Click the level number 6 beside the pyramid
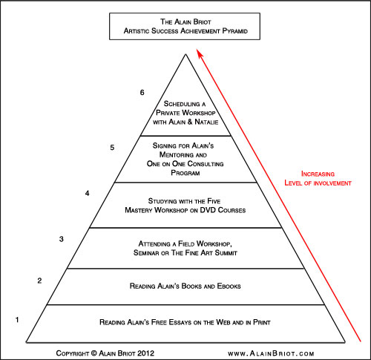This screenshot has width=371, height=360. click(x=142, y=93)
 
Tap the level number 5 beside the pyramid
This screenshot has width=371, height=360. click(x=112, y=148)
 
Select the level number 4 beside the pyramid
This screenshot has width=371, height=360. click(x=87, y=193)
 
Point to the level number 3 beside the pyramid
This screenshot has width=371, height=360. click(x=62, y=239)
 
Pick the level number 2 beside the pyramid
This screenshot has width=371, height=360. click(x=39, y=281)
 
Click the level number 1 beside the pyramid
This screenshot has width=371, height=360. click(x=17, y=320)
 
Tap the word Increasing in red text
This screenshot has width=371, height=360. click(x=318, y=174)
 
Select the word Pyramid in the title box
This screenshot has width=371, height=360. click(x=235, y=31)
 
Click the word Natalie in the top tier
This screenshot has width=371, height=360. click(x=206, y=122)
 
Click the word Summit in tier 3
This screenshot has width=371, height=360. click(x=226, y=253)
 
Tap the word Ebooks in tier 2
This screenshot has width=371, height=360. click(x=229, y=286)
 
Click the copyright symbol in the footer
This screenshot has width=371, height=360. click(x=94, y=353)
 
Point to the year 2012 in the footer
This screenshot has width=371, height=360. click(x=145, y=353)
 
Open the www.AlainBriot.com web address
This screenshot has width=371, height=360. click(x=271, y=353)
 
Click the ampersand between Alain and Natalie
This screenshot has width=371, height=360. click(x=189, y=122)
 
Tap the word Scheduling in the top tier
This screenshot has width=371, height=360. click(x=182, y=104)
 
